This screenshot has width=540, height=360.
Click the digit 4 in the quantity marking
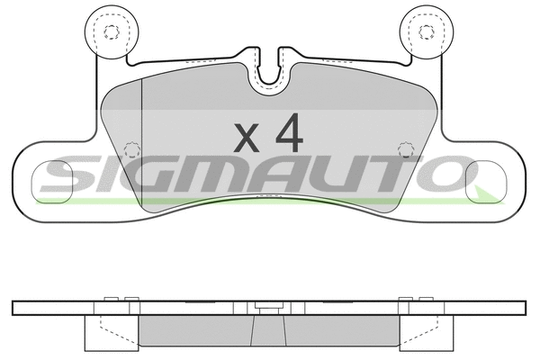pos(289,133)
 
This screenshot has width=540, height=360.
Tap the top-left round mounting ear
pos(112,32)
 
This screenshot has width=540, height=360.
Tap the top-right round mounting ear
pos(427,32)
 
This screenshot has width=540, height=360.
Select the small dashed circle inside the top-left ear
pos(112,32)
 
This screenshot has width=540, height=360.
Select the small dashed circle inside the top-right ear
pos(427,32)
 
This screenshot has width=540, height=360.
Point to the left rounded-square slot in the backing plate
pos(52,181)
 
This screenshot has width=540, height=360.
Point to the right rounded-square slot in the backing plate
pos(486,181)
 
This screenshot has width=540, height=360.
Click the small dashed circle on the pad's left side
pos(132,149)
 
